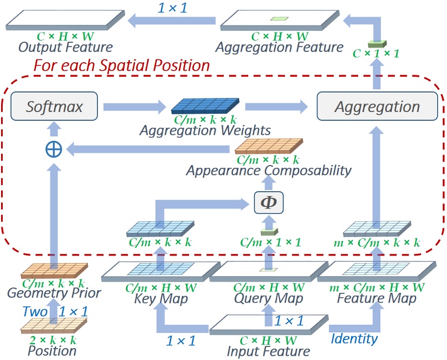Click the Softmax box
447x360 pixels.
click(55, 106)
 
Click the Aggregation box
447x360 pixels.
click(377, 106)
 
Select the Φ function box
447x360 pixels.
click(269, 202)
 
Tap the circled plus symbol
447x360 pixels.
click(53, 149)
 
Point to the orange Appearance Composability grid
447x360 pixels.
click(268, 147)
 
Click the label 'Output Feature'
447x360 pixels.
click(66, 48)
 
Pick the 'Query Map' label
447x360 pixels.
click(269, 298)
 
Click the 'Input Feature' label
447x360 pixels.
click(269, 351)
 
